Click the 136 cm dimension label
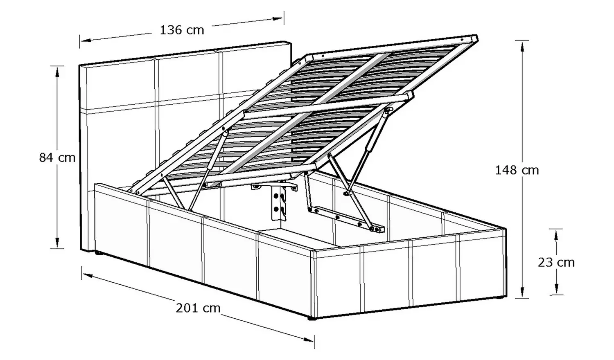tap(182, 30)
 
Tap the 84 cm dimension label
tap(57, 158)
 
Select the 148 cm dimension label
tap(517, 171)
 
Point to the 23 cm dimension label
tap(556, 263)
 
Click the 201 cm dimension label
tap(198, 308)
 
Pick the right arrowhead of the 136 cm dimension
tap(277, 19)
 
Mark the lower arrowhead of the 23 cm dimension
tap(556, 288)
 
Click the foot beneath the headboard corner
tap(97, 253)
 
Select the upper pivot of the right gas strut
tap(388, 110)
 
